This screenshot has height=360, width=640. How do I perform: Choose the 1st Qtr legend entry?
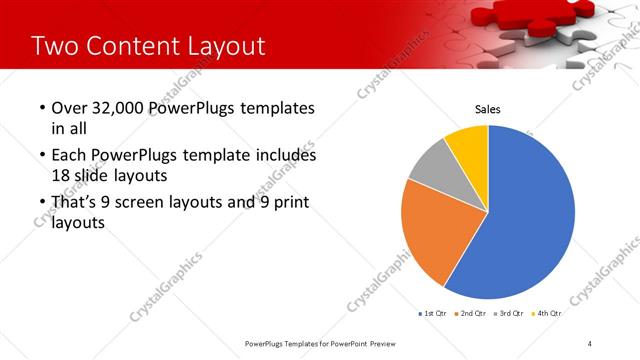coord(432,313)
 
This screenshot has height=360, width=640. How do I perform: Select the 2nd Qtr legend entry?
coord(470,313)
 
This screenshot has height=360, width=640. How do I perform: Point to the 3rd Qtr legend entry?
coord(509,313)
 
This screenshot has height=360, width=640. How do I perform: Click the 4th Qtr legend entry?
coord(547,313)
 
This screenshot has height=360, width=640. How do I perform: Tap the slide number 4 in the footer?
coord(590,343)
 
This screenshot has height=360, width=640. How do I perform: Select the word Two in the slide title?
coord(54,46)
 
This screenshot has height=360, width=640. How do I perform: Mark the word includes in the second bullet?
coord(283,156)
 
